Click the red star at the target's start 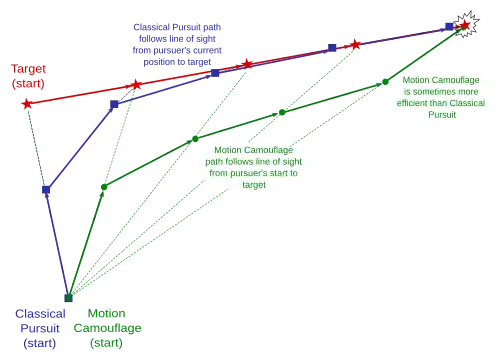27,104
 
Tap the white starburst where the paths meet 466,24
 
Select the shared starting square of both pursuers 68,298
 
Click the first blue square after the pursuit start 46,190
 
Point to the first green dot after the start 104,187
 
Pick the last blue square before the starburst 449,26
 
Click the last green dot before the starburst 385,82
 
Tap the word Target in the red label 28,69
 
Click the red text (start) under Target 28,83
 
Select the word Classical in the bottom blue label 40,314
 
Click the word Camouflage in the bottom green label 107,328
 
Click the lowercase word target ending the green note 254,185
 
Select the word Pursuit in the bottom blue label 40,329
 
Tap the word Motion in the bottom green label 107,313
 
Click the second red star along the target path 136,85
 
